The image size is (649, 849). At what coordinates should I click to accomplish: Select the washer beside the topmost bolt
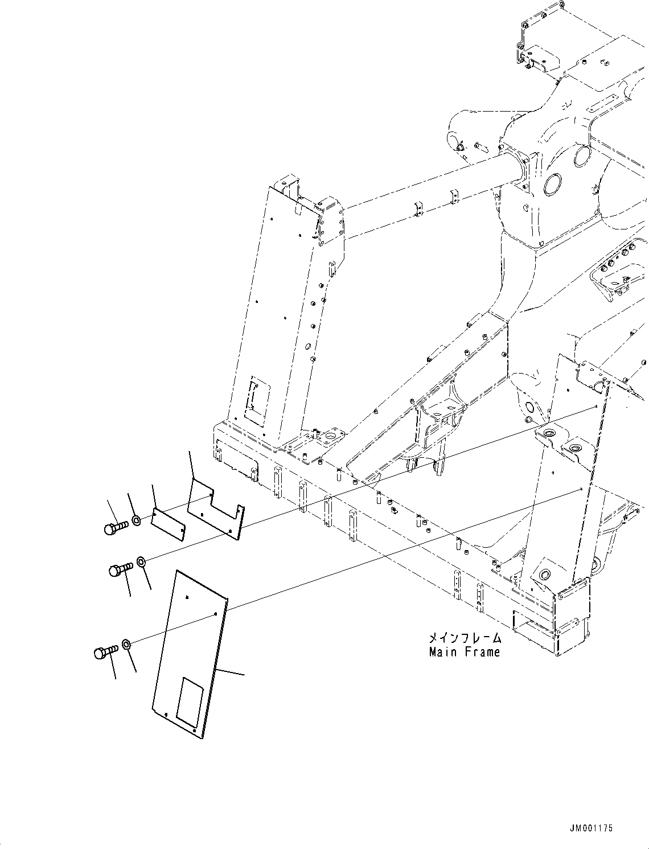137,520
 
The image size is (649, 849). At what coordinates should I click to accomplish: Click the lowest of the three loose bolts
104,651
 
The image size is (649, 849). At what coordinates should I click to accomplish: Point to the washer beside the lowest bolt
127,645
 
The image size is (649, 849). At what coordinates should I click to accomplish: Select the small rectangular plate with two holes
168,523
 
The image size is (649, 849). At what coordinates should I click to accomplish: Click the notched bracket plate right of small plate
216,510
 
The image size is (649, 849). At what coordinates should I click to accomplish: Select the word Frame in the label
482,653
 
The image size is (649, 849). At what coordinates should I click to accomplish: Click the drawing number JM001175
589,829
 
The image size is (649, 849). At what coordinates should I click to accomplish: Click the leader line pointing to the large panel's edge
231,672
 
